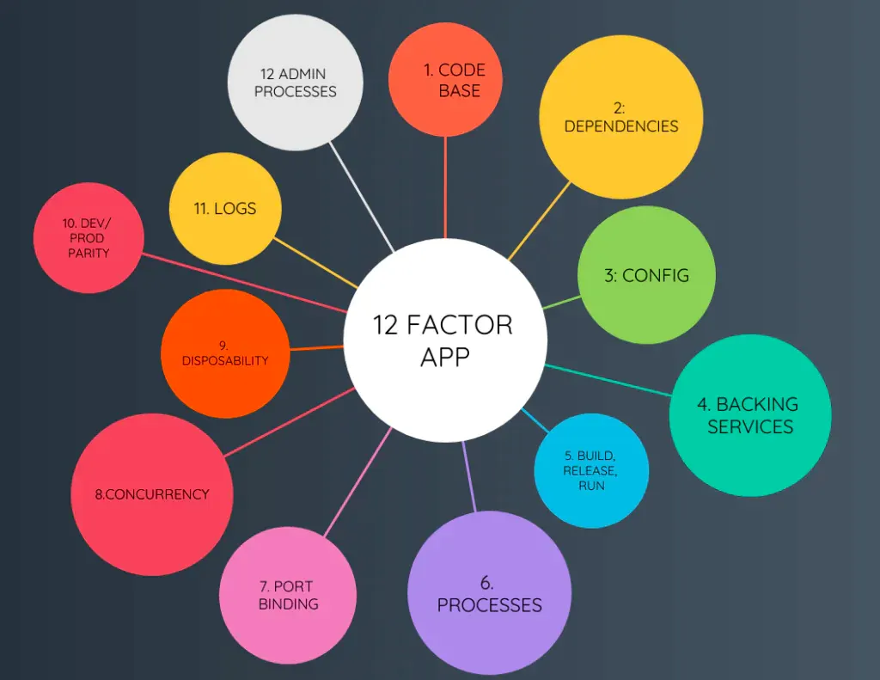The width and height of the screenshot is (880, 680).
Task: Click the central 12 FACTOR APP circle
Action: point(444,340)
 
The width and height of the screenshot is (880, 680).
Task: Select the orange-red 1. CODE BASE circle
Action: point(445,79)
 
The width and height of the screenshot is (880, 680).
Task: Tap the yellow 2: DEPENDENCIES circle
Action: point(620,117)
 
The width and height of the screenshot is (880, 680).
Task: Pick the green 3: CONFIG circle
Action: point(645,275)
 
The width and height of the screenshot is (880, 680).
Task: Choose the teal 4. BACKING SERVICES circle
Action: point(749,415)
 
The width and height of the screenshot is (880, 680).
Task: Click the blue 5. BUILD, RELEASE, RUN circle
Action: point(590,470)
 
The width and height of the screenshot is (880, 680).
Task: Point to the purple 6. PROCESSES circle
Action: point(489,593)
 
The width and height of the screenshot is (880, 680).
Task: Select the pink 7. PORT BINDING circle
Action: point(288,596)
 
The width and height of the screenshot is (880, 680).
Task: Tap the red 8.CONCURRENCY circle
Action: point(151,494)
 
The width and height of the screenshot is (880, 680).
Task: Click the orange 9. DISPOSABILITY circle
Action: point(225,353)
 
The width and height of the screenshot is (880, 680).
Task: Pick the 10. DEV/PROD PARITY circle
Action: point(88,238)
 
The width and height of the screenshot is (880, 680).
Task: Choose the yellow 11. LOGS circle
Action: point(225,209)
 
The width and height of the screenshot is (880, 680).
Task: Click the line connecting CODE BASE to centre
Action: point(445,189)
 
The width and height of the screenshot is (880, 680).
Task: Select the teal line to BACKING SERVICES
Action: point(608,381)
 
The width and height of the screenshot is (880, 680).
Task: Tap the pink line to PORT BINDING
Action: point(356,481)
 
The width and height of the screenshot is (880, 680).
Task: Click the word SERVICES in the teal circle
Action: point(749,426)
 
